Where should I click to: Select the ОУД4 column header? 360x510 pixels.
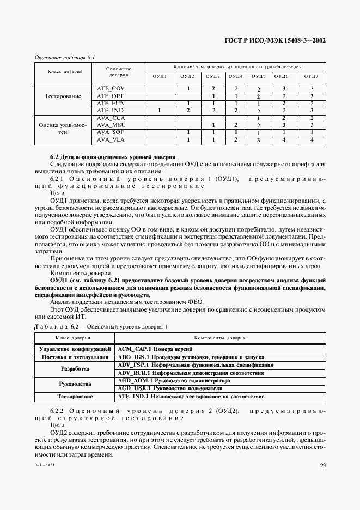(235, 76)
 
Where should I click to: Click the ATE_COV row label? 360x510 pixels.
(111, 88)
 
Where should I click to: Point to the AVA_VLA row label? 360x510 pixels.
(111, 140)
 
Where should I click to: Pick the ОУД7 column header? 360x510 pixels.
(311, 76)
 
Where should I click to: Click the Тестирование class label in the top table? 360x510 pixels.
(63, 96)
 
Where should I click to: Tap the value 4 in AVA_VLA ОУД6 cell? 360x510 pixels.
(284, 140)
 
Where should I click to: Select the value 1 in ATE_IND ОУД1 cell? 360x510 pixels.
(160, 111)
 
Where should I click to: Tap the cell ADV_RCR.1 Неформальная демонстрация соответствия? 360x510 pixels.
(191, 373)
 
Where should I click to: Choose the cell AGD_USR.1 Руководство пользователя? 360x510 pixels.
(169, 388)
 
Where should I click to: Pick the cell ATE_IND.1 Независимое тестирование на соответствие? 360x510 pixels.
(183, 397)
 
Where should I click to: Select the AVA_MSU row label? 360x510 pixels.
(111, 125)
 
